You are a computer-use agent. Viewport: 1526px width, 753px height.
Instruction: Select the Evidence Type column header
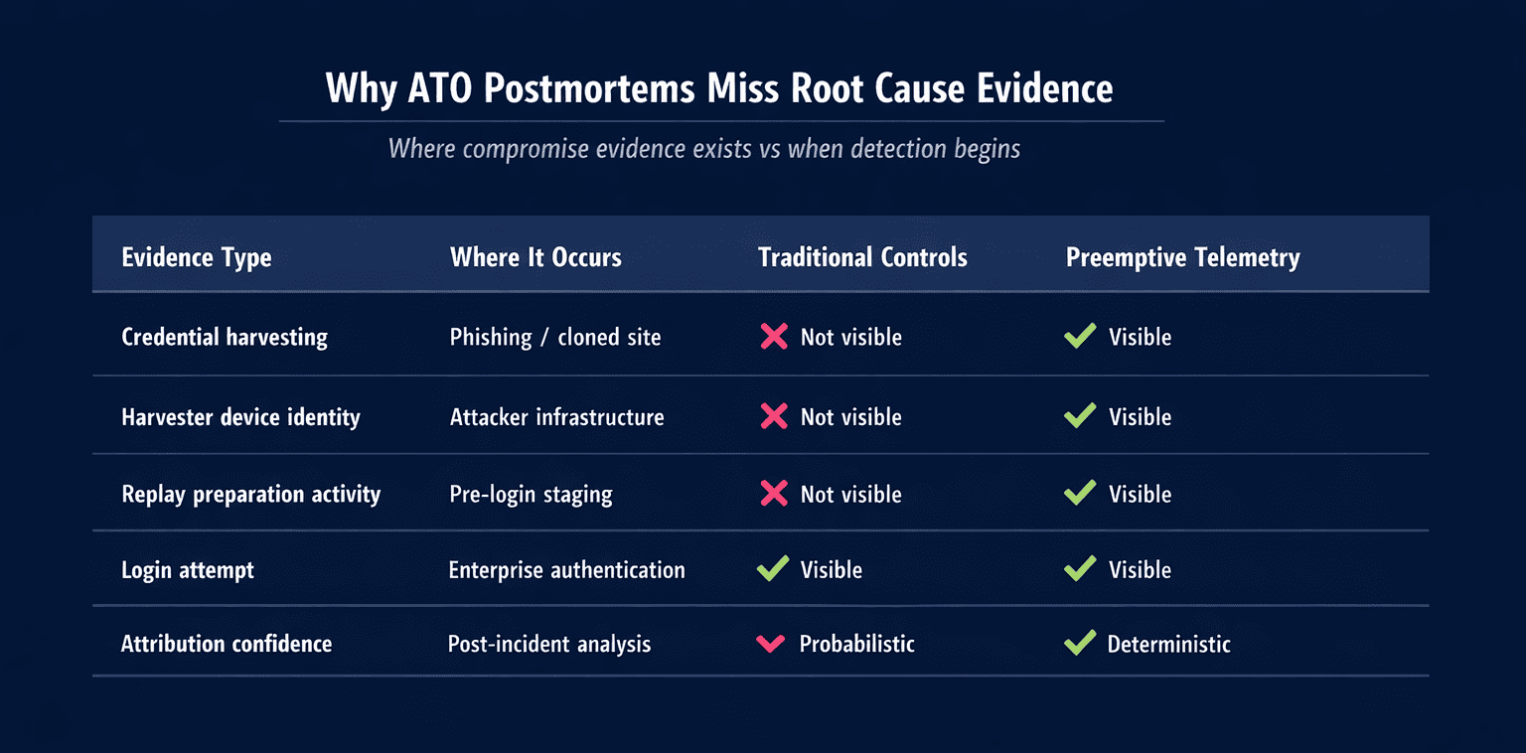tap(197, 258)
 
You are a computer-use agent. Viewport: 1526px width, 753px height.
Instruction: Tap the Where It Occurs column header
tap(535, 258)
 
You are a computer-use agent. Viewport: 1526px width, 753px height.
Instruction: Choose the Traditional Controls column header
tap(862, 258)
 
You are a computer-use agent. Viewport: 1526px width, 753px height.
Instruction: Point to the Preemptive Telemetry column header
tap(1182, 258)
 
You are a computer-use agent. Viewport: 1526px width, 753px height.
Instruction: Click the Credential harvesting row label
tap(225, 338)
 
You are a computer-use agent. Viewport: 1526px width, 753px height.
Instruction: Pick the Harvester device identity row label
tap(240, 417)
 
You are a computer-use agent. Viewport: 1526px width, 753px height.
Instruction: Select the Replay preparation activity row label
tap(251, 495)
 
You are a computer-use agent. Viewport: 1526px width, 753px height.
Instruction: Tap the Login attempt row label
tap(188, 570)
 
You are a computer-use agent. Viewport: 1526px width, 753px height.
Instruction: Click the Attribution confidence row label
tap(227, 644)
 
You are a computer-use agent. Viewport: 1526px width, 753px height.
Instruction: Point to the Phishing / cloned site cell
tap(555, 338)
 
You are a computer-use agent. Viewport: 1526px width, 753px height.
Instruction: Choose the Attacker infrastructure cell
tap(557, 417)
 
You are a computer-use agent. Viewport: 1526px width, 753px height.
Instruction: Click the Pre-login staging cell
tap(532, 495)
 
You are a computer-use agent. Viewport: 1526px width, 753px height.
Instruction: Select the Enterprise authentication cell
tap(567, 570)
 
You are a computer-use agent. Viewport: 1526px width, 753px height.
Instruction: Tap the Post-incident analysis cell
tap(549, 644)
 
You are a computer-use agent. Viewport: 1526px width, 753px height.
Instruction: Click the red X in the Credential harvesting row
tap(774, 337)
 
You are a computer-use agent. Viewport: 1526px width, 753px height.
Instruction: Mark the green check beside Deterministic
tap(1080, 643)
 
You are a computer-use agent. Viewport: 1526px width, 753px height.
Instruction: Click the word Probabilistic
tap(856, 644)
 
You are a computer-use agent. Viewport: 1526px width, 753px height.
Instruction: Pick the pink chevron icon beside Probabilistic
tap(771, 644)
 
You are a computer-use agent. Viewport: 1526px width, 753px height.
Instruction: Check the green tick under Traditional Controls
tap(773, 569)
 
